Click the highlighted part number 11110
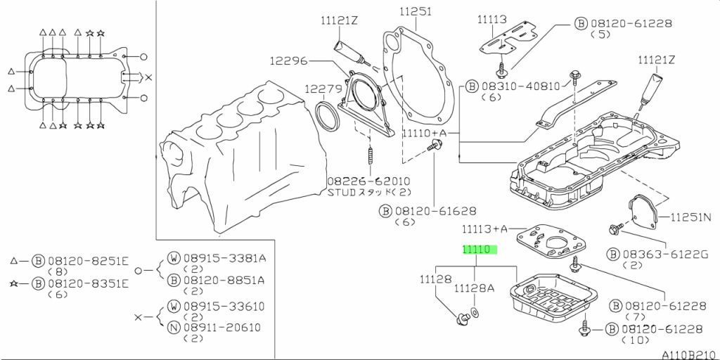click(479, 250)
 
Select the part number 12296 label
click(288, 61)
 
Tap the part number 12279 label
click(322, 89)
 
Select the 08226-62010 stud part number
click(368, 181)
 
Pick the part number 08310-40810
click(520, 86)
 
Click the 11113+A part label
click(484, 229)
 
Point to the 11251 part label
click(416, 12)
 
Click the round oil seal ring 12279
click(329, 116)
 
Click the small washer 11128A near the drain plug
click(475, 311)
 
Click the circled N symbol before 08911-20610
click(173, 327)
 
